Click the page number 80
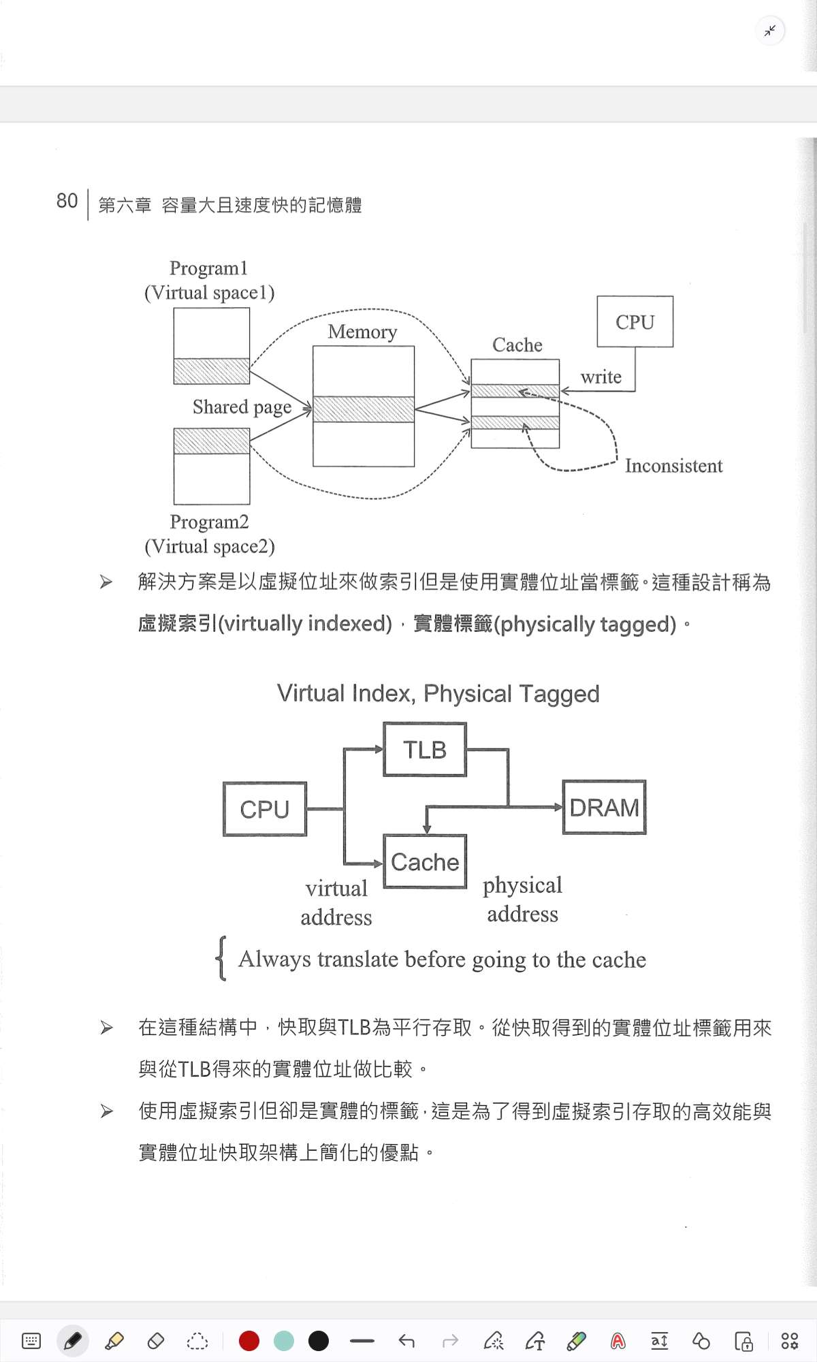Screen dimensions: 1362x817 (67, 201)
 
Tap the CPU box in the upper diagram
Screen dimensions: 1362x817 (635, 321)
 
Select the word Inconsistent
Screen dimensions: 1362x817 (673, 466)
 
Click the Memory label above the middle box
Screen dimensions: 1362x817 (362, 332)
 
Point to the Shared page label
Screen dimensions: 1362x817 (242, 407)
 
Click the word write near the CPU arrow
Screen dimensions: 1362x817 (600, 377)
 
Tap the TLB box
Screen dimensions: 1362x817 (425, 750)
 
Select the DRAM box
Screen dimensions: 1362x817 (604, 807)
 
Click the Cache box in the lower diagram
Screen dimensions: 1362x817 (425, 861)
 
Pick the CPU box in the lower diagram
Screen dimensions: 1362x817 (265, 809)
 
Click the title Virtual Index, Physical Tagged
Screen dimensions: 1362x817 (438, 693)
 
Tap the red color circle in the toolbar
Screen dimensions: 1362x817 (249, 1341)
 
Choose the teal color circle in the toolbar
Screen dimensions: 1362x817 (283, 1341)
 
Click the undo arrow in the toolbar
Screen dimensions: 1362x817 (406, 1341)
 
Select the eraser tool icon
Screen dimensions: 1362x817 (156, 1341)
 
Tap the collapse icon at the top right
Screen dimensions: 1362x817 (770, 31)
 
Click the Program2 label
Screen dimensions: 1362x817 (209, 522)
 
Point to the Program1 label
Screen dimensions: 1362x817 (208, 268)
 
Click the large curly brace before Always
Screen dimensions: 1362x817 (221, 958)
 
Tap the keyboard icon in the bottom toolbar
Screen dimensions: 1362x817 (31, 1341)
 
